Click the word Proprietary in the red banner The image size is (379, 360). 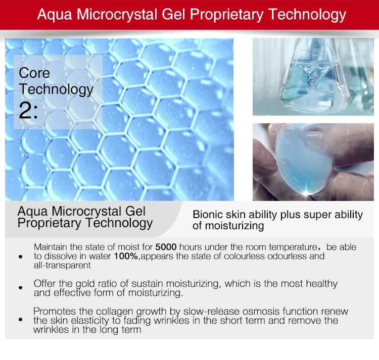pyautogui.click(x=226, y=15)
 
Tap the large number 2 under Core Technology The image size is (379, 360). pyautogui.click(x=25, y=111)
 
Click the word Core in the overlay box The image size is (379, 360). pyautogui.click(x=34, y=73)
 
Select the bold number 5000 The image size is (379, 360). pyautogui.click(x=166, y=247)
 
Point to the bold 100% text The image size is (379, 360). pyautogui.click(x=126, y=256)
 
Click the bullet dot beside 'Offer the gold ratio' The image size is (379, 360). pyautogui.click(x=21, y=288)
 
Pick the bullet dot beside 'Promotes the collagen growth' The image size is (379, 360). pyautogui.click(x=21, y=320)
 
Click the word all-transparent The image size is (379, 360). pyautogui.click(x=62, y=265)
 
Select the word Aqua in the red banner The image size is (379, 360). pyautogui.click(x=55, y=15)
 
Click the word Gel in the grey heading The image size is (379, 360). pyautogui.click(x=135, y=211)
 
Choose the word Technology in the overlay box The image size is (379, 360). pyautogui.click(x=56, y=89)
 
